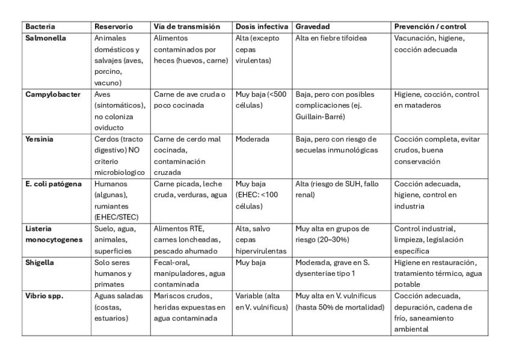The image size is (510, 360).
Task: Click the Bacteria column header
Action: [40, 27]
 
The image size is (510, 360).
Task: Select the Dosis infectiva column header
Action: [262, 27]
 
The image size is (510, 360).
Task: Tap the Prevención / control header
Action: [430, 27]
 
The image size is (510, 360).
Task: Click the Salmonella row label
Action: [46, 38]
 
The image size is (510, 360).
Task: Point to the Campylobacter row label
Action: [53, 94]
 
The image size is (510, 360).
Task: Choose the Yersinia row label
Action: [39, 139]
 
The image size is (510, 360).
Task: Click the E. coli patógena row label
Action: [54, 184]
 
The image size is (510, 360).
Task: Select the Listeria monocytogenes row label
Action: [54, 234]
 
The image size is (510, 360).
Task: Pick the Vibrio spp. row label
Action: [44, 296]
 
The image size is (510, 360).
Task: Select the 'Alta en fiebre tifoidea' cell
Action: [331, 38]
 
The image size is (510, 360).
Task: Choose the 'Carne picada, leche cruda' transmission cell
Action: [189, 189]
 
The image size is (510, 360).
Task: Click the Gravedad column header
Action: [312, 27]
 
